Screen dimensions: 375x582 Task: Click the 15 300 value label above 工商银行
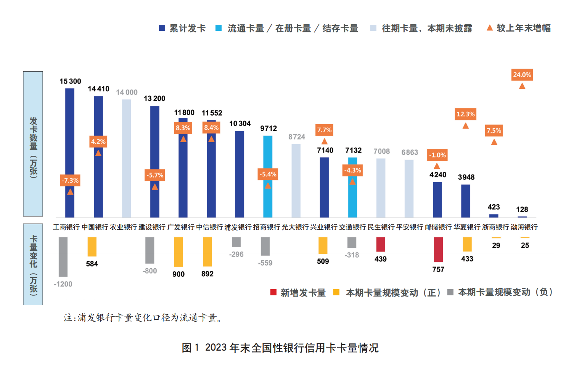tap(70, 81)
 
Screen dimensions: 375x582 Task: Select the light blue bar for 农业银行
tap(126, 158)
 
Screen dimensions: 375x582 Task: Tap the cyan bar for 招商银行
tap(268, 176)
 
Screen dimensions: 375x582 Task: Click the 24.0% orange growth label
tap(522, 75)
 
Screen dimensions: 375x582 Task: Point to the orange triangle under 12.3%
tap(465, 126)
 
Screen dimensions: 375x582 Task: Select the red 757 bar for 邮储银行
tap(438, 249)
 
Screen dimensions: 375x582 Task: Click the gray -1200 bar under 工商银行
tap(63, 256)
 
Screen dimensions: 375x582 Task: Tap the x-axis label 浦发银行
tap(238, 227)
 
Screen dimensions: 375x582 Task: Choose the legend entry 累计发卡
tap(182, 28)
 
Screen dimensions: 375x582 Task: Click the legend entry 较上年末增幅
tap(519, 28)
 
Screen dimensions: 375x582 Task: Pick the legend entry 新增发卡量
tap(298, 293)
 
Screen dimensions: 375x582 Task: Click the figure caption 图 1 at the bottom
tap(280, 348)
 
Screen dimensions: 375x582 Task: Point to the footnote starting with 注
tap(143, 317)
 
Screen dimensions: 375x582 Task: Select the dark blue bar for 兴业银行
tap(324, 187)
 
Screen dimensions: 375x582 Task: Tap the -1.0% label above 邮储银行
tap(437, 155)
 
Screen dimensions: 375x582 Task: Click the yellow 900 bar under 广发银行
tap(178, 252)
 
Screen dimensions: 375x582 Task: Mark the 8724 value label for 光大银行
tap(296, 137)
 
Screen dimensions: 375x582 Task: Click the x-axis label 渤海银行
tap(524, 227)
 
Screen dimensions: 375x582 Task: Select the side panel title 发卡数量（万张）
tap(33, 144)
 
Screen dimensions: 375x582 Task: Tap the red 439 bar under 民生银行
tap(381, 244)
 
